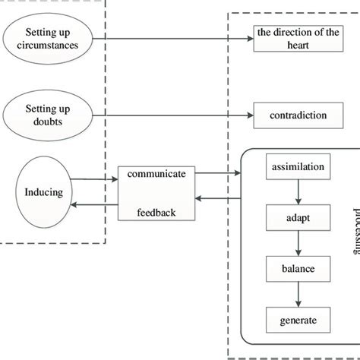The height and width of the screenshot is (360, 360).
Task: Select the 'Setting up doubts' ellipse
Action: coord(50,115)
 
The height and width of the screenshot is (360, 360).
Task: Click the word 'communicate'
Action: coord(156,174)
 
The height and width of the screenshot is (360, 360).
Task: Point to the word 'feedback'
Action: coord(156,213)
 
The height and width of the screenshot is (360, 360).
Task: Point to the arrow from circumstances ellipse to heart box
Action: coord(175,38)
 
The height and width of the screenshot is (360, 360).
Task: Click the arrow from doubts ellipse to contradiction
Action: coord(175,115)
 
